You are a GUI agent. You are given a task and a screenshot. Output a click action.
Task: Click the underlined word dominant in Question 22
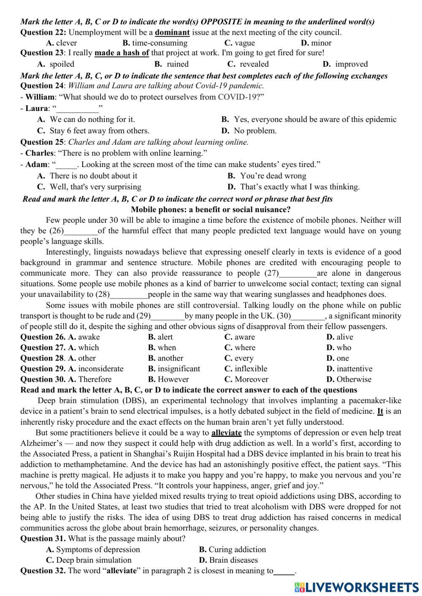pyautogui.click(x=172, y=32)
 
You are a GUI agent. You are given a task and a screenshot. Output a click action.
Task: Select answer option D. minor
pyautogui.click(x=316, y=43)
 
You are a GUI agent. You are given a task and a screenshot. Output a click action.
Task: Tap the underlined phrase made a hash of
pyautogui.click(x=122, y=53)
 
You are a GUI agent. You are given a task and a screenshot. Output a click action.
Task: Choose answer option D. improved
pyautogui.click(x=345, y=64)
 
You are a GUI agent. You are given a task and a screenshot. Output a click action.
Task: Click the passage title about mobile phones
pyautogui.click(x=211, y=210)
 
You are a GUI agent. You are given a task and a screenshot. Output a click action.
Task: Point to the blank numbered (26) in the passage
pyautogui.click(x=81, y=231)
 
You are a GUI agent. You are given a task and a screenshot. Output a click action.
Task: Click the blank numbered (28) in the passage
pyautogui.click(x=129, y=295)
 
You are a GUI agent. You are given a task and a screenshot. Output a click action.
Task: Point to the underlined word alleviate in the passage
pyautogui.click(x=226, y=433)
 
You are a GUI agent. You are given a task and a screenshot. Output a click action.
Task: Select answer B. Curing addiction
pyautogui.click(x=233, y=550)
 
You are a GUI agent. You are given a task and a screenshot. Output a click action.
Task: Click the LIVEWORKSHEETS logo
pyautogui.click(x=357, y=587)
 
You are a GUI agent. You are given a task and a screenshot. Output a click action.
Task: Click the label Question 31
pyautogui.click(x=43, y=539)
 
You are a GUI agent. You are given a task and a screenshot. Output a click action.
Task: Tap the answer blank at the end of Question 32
pyautogui.click(x=284, y=572)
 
